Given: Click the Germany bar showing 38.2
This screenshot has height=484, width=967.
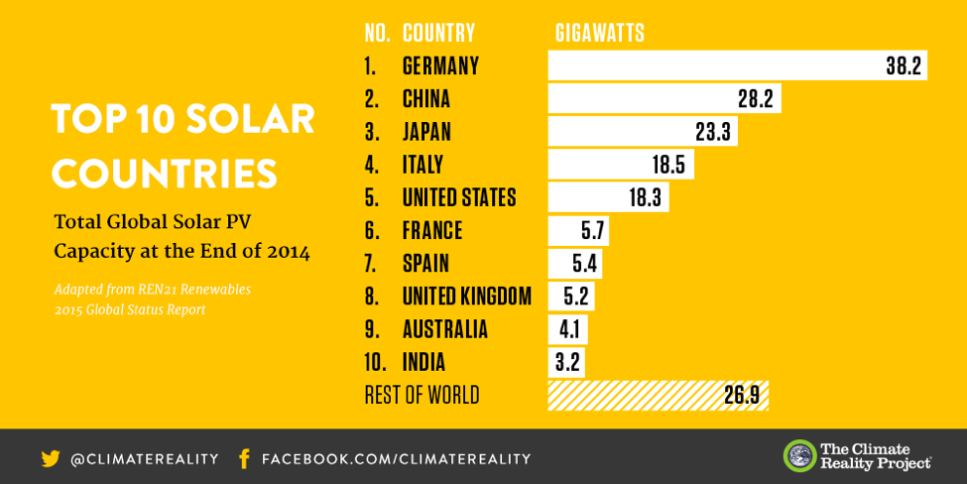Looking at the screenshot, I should point(737,65).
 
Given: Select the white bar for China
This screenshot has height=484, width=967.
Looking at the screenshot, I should point(664,98).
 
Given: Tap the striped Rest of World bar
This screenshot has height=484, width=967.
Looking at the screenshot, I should point(658,395).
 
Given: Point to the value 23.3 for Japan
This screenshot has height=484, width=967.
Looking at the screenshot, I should point(713,132).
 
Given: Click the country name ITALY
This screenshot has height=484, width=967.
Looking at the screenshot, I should point(423,165).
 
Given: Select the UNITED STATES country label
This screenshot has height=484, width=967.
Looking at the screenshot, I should point(459,197).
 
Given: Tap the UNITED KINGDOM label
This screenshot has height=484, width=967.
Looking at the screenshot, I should point(466,296).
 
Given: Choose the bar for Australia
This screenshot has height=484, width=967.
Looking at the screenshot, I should point(567,329).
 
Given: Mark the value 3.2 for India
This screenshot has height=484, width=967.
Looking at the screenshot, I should point(567,362).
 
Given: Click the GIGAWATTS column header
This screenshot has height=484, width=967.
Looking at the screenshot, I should point(599,33).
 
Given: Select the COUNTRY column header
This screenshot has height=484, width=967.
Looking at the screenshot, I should point(438,33).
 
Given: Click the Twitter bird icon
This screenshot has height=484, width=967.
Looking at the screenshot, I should point(51,458).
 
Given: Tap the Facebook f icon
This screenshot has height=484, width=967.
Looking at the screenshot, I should point(244,458).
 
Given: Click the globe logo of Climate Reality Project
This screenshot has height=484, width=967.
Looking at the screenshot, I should point(799,456).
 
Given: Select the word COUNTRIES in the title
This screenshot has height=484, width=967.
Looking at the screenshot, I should point(165,173).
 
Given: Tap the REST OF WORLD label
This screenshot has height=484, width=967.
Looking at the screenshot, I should point(422,395).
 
